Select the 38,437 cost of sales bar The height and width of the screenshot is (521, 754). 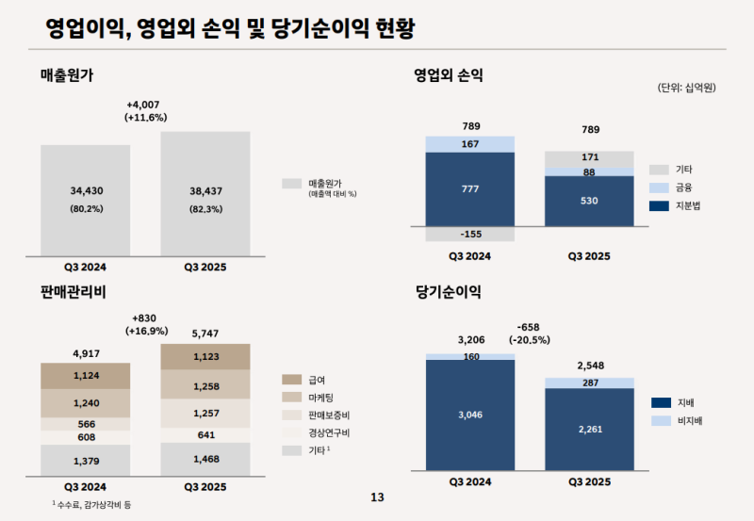[x=205, y=193]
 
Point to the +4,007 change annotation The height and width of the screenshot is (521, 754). [x=145, y=104]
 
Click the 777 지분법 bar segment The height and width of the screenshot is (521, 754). [x=469, y=188]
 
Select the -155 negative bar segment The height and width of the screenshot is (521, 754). [x=469, y=234]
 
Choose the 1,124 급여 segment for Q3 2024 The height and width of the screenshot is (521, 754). [x=86, y=376]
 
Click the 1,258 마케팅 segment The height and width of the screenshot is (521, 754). [x=205, y=386]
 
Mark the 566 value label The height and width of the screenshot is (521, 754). [x=86, y=424]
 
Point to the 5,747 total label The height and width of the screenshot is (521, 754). [x=205, y=333]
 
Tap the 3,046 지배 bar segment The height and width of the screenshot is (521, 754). [x=469, y=414]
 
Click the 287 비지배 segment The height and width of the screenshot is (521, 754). [x=590, y=383]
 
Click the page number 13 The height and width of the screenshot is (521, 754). [x=377, y=497]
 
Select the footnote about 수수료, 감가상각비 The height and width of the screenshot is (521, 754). [x=91, y=505]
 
